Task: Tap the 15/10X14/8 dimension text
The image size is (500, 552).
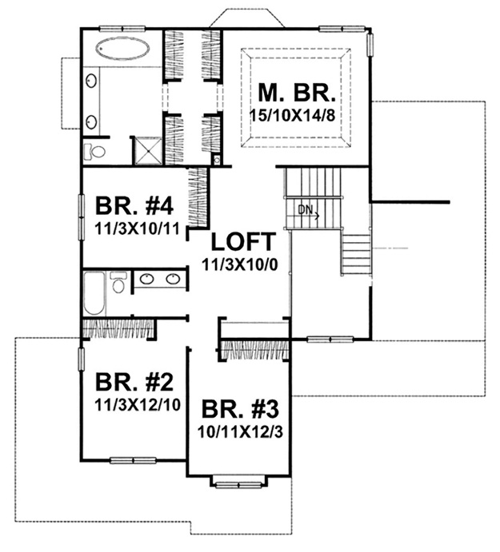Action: click(x=292, y=116)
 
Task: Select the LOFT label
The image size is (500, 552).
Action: click(x=243, y=242)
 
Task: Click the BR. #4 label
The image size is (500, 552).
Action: click(x=134, y=206)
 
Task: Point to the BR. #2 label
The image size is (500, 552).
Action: click(x=134, y=383)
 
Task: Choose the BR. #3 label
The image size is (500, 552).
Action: click(x=240, y=409)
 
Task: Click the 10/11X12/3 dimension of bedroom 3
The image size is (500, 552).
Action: click(x=240, y=432)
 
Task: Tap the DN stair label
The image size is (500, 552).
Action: click(x=306, y=210)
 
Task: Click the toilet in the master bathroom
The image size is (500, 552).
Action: click(x=94, y=152)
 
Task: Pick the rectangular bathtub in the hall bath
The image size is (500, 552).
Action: click(x=94, y=294)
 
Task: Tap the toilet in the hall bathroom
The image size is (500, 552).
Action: click(x=118, y=282)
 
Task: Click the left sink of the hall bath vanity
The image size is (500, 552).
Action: click(x=146, y=280)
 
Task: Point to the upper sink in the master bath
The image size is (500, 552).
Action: click(x=92, y=81)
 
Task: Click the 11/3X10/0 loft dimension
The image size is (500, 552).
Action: click(x=240, y=264)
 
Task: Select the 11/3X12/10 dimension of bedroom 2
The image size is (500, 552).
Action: click(x=138, y=405)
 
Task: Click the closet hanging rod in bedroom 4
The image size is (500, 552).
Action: click(x=198, y=197)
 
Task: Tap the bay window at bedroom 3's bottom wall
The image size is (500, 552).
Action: click(x=239, y=483)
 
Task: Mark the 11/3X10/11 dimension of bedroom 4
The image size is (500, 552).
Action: click(x=138, y=229)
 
